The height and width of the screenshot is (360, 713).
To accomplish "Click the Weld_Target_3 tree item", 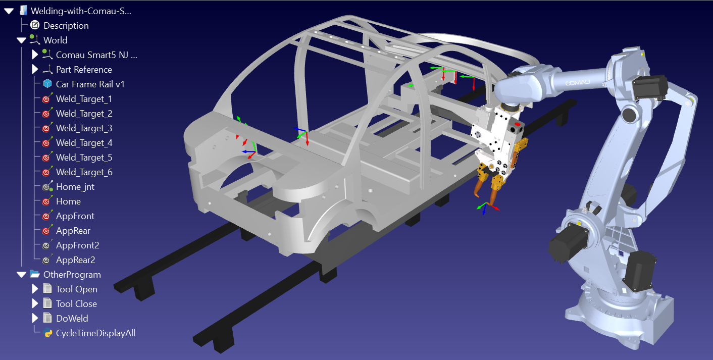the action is click(84, 128).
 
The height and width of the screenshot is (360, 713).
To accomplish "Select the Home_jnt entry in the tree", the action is click(75, 186).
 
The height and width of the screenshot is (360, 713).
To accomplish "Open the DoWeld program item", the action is click(72, 318).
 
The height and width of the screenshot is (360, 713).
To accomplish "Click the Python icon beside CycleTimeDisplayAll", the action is click(48, 333).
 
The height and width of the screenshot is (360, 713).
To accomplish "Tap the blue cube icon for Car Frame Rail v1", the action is click(47, 84).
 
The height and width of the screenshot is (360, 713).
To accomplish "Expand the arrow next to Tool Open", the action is click(35, 289).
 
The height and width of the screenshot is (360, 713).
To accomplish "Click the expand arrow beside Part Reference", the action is click(35, 69).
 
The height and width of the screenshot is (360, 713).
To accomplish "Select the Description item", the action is click(66, 25).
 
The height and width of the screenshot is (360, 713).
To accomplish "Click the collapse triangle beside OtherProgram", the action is click(21, 274).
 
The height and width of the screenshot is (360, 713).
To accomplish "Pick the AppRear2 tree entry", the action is click(75, 260).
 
